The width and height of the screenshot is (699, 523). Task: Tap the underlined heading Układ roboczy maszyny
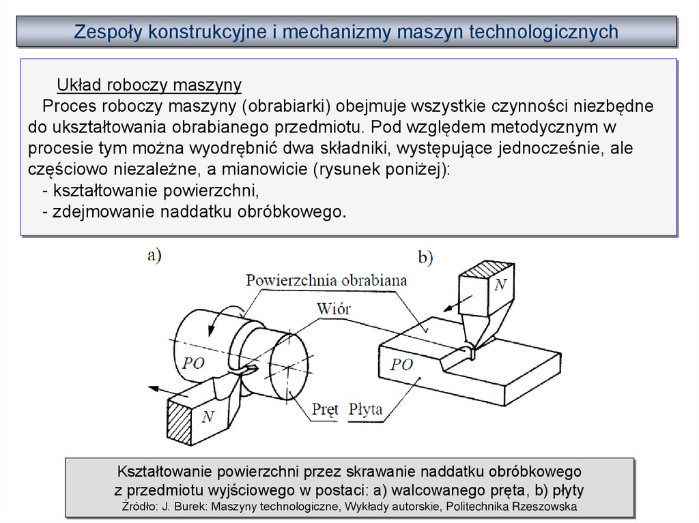click(149, 85)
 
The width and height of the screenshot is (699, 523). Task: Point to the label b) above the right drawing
click(425, 257)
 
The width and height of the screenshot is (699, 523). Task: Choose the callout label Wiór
click(334, 308)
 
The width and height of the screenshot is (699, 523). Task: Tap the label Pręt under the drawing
click(325, 410)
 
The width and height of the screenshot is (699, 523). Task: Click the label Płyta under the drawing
click(365, 410)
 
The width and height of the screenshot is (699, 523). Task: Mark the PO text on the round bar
click(193, 363)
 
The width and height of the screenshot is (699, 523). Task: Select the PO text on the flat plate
click(402, 365)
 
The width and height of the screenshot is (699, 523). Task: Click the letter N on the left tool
click(208, 417)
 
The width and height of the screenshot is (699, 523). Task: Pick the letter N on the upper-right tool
click(500, 285)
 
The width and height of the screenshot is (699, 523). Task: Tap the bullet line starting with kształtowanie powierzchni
click(151, 190)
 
